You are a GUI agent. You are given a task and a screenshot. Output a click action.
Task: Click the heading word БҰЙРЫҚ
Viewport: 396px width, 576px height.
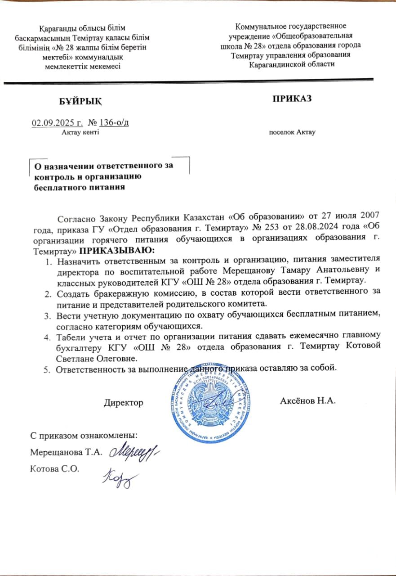pyautogui.click(x=81, y=101)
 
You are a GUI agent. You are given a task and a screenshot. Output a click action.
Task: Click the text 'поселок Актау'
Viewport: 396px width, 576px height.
pyautogui.click(x=292, y=132)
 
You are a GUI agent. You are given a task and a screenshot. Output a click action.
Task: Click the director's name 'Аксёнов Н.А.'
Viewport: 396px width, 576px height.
pyautogui.click(x=308, y=400)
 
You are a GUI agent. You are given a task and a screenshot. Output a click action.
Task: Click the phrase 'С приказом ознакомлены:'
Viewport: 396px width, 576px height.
pyautogui.click(x=84, y=436)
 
